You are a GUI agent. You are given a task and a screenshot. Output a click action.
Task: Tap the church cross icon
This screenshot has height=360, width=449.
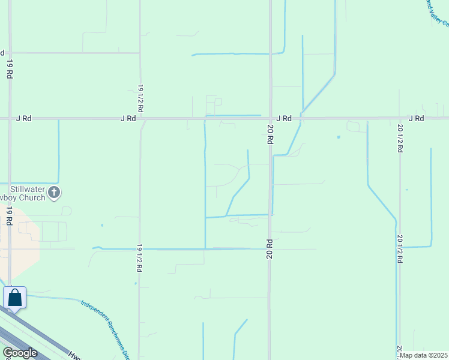tap(54, 193)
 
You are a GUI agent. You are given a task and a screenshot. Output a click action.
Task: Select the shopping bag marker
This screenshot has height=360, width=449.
tap(14, 298)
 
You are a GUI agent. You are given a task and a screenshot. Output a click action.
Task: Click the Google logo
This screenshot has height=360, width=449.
tap(20, 353)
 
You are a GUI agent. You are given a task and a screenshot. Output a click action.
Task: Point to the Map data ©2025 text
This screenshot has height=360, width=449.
tap(423, 355)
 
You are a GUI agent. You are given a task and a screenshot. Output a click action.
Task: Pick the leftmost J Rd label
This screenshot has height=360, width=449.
tap(23, 119)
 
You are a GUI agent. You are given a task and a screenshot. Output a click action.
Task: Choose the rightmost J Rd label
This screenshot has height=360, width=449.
tap(416, 118)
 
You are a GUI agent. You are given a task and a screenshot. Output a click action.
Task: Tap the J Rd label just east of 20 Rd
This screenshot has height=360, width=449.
tap(284, 119)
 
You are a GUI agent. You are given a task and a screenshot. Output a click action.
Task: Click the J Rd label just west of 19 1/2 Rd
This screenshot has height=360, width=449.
tap(128, 119)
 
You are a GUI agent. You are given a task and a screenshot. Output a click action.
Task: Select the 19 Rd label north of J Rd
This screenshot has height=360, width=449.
tap(10, 69)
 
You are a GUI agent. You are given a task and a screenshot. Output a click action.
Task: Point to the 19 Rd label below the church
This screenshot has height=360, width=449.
tap(10, 215)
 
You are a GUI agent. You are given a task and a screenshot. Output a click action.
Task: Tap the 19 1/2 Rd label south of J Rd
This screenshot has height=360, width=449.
tap(139, 258)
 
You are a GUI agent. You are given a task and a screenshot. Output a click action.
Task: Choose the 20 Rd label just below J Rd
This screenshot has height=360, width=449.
tap(270, 134)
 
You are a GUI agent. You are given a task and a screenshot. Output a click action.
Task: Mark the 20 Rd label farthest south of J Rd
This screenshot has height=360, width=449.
tap(270, 249)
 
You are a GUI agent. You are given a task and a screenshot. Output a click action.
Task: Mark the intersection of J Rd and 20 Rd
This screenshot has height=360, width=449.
tap(270, 118)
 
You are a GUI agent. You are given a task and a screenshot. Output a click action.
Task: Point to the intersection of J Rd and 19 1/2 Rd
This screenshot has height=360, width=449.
tap(140, 119)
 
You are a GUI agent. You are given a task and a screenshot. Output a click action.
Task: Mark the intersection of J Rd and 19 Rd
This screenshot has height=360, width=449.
tap(10, 119)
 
